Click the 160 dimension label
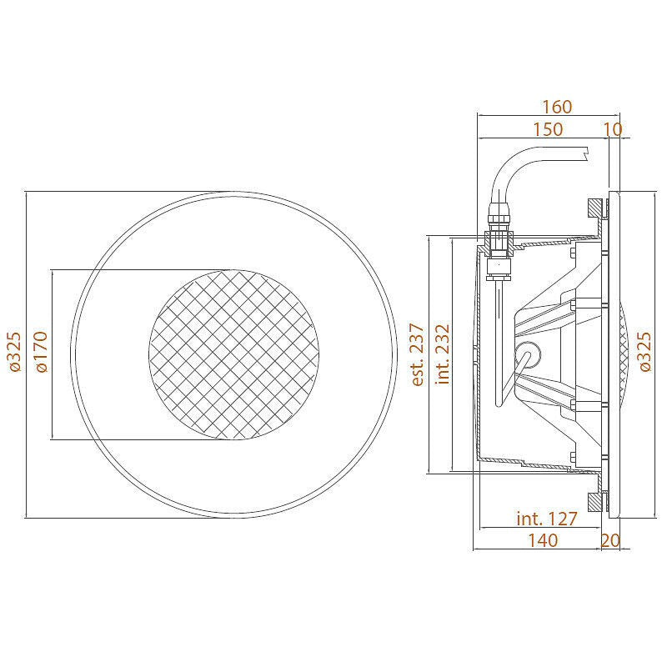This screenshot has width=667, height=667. [556, 107]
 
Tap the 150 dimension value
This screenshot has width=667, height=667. [548, 129]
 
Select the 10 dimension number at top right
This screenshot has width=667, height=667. [613, 129]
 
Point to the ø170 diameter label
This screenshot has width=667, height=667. [42, 352]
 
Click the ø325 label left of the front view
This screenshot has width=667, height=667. [15, 352]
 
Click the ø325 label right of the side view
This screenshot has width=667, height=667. [644, 352]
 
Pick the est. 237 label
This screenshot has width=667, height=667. [418, 354]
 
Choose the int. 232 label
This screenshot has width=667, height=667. [443, 354]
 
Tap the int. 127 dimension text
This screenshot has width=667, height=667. [547, 519]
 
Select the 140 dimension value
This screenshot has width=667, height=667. [543, 540]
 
